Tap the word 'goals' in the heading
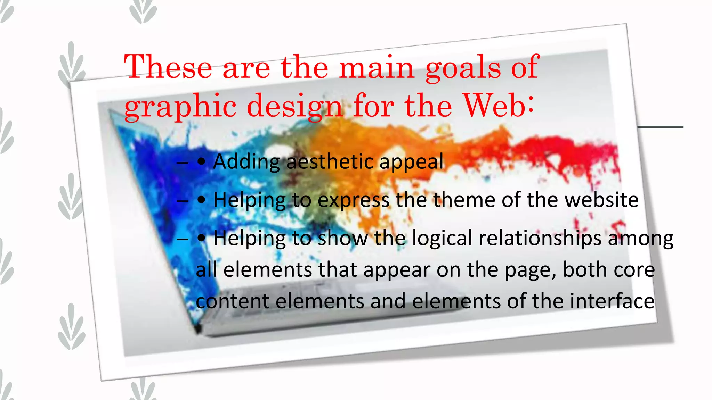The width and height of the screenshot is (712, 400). [463, 68]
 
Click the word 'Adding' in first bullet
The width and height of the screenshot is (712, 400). [246, 162]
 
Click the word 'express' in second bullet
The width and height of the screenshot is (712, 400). [353, 201]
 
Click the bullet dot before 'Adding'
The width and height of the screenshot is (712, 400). [201, 162]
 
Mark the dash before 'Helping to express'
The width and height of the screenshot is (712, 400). [182, 201]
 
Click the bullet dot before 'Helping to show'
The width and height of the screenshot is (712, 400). [201, 239]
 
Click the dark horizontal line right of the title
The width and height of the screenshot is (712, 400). [661, 127]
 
